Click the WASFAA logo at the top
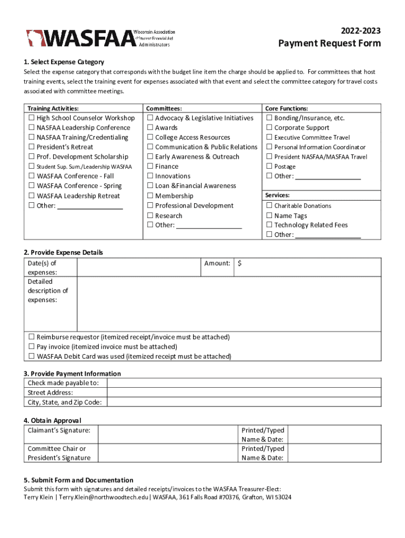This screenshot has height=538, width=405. point(100,38)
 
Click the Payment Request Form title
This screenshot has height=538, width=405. point(329,44)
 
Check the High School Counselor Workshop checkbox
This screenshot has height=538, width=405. point(31,118)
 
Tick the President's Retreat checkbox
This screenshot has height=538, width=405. point(31,147)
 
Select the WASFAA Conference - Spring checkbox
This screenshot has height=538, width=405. point(31,186)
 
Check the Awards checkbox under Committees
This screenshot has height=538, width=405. point(150,128)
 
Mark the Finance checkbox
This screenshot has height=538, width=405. point(150,167)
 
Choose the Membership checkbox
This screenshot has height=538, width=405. point(150,196)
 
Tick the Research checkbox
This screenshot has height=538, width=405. point(150,216)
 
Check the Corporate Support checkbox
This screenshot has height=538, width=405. point(269,128)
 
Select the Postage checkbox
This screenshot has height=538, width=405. point(269,167)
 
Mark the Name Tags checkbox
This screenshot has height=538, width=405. point(269,216)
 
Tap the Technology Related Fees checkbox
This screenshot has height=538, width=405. point(269,225)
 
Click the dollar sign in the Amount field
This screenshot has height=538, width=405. point(239,263)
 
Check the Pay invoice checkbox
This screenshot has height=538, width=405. point(31,347)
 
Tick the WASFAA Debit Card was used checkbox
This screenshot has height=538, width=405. point(31,357)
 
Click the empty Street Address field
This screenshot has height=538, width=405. point(244,393)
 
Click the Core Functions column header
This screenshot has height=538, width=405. point(286,108)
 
